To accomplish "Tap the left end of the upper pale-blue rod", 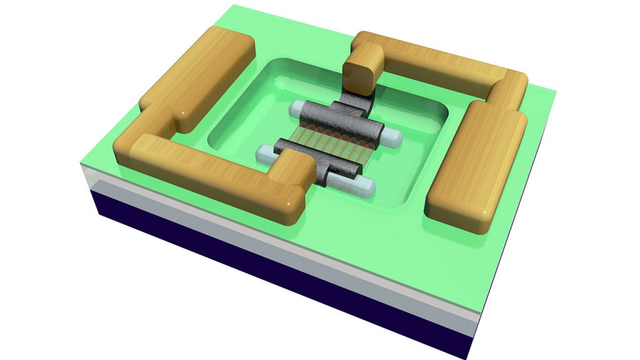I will tap(294, 110).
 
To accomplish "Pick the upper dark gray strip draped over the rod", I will tap(341, 122).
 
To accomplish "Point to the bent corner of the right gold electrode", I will tap(509, 87).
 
